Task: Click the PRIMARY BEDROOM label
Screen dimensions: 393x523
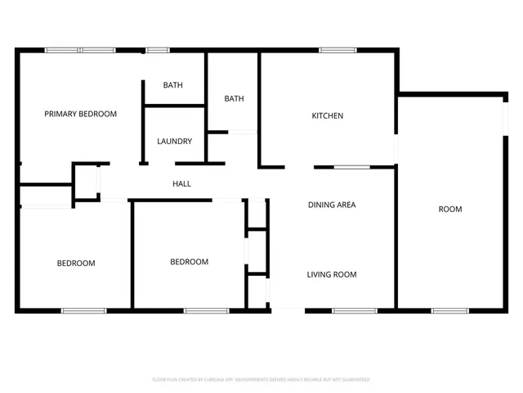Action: tap(80, 114)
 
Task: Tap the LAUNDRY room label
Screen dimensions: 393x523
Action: tap(174, 142)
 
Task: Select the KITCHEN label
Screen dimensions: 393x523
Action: tap(328, 115)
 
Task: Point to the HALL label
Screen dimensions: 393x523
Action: tap(181, 183)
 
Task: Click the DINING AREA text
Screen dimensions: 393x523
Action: tap(332, 205)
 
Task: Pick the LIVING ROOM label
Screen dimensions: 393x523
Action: tap(332, 275)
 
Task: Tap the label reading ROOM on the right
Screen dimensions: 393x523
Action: tap(450, 210)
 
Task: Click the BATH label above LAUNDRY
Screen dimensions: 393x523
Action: tap(172, 85)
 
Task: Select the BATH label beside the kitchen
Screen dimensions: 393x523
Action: tap(235, 99)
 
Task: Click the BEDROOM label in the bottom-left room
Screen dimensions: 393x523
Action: tap(76, 264)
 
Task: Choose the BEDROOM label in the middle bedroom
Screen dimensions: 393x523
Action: tap(189, 262)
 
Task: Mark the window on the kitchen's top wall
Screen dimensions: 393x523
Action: tap(332, 51)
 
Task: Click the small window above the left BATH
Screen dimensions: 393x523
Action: tap(157, 51)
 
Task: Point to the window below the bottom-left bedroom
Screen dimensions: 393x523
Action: tap(84, 310)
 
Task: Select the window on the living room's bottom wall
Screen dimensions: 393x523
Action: tap(355, 310)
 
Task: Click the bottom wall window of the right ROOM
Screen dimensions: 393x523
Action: tap(449, 310)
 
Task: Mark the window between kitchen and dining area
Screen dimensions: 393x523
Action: tap(352, 167)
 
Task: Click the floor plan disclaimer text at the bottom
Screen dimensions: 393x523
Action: tap(261, 380)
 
